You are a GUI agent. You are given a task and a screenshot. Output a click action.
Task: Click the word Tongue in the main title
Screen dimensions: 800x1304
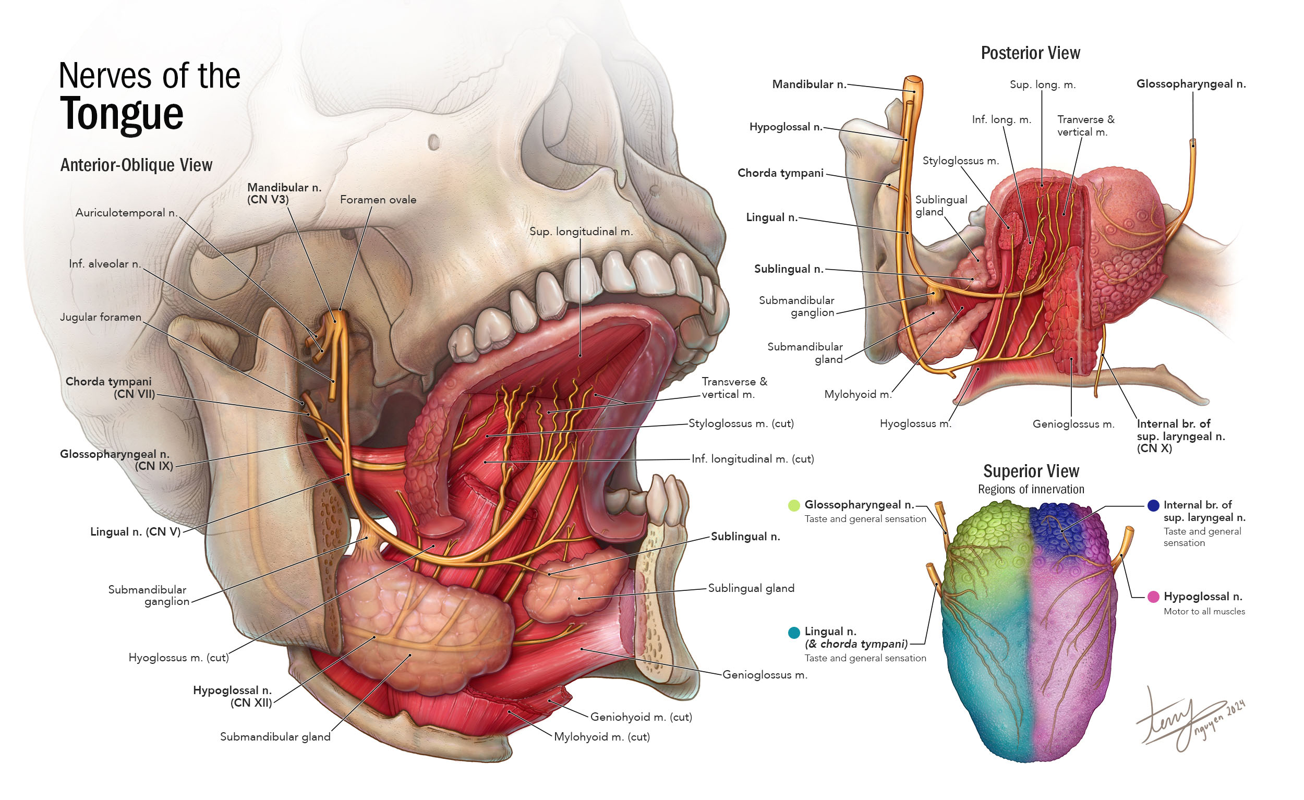(x=121, y=114)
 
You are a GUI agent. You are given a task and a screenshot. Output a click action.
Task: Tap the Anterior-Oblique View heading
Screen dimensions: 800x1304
(x=136, y=165)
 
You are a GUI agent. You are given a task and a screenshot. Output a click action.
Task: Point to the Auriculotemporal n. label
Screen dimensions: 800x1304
(x=126, y=213)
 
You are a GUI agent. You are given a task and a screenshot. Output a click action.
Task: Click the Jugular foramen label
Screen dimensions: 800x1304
(x=101, y=317)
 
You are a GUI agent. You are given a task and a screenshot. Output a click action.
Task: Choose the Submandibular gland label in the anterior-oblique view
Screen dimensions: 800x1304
(x=275, y=736)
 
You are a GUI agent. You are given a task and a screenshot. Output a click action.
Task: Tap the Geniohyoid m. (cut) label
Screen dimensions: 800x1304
(x=641, y=717)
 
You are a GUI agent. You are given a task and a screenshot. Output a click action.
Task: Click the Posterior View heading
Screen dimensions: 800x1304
(x=1030, y=53)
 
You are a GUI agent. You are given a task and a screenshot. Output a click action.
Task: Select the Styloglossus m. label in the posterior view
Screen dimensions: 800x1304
(x=960, y=161)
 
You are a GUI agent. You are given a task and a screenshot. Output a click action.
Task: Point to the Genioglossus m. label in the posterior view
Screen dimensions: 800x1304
(x=1073, y=424)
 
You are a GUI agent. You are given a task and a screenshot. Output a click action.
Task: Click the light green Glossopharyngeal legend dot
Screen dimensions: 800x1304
(x=794, y=505)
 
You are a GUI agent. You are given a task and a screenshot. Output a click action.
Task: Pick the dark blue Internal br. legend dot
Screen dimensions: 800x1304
(x=1153, y=505)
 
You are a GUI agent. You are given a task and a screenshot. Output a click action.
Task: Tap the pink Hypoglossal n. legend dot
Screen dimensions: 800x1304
(x=1153, y=597)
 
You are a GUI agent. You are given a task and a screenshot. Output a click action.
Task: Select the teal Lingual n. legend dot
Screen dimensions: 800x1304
(x=794, y=633)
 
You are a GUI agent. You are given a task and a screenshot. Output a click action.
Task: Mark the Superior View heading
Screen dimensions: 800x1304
(x=1030, y=471)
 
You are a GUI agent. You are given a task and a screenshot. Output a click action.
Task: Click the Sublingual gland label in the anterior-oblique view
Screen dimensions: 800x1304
(x=751, y=588)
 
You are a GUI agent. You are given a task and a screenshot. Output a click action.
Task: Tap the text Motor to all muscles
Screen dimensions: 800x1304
(x=1204, y=612)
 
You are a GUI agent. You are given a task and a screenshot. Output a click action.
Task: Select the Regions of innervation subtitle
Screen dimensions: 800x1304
(x=1030, y=489)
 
